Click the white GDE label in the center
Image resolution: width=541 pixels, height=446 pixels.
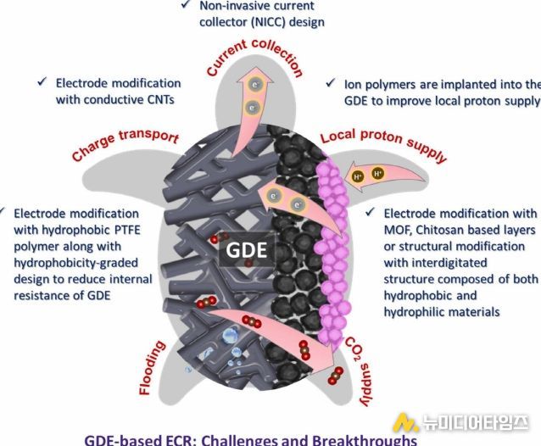(247, 250)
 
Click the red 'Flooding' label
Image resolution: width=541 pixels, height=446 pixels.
(151, 368)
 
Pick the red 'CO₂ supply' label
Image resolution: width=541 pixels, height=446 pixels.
(361, 371)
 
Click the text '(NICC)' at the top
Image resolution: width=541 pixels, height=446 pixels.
(268, 22)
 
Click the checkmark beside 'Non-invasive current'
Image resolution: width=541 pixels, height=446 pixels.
(186, 4)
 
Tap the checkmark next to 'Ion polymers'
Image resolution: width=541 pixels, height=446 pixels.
(331, 82)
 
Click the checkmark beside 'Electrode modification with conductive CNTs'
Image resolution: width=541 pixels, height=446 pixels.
(42, 81)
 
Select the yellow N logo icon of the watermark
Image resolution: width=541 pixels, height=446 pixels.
(405, 422)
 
